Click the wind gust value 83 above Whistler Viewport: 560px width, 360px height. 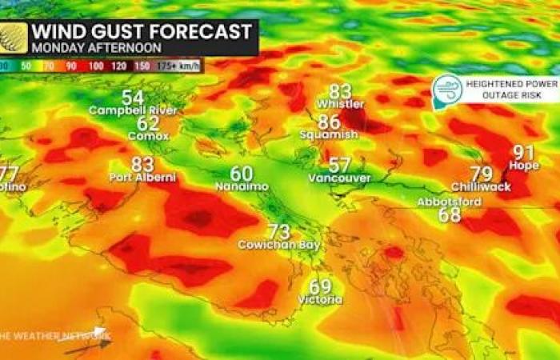pos(340,91)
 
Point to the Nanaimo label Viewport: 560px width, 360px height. pos(242,186)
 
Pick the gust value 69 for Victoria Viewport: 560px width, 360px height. pos(320,286)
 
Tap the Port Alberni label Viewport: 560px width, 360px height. pos(142,177)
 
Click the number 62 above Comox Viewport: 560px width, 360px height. pos(148,123)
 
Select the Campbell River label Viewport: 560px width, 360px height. pos(133,110)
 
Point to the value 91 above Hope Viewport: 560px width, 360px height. pos(524,152)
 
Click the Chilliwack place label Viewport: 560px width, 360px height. pos(481,186)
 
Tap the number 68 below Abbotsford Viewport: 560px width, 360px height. pos(450,214)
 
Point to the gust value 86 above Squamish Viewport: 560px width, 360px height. pos(329,122)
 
